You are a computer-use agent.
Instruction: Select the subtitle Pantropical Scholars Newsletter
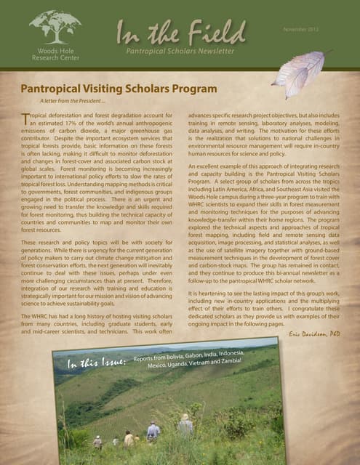tap(179, 52)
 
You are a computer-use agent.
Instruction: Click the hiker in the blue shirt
tap(153, 433)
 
